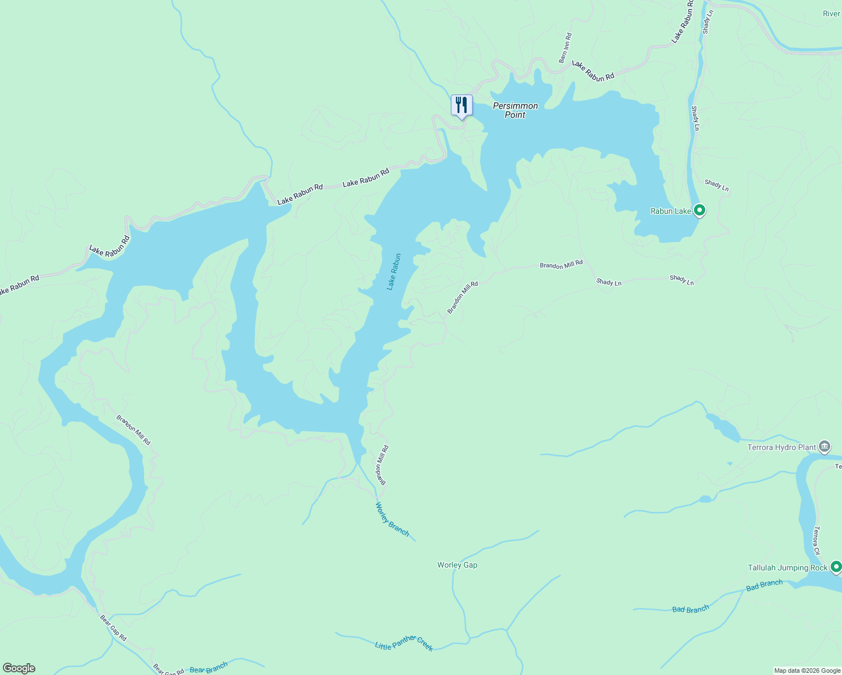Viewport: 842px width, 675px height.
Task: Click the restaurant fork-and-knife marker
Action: [x=462, y=105]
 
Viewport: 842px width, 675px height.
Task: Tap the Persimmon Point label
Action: [x=515, y=110]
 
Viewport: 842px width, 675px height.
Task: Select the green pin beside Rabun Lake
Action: [x=700, y=210]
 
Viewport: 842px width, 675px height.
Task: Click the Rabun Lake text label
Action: [x=670, y=211]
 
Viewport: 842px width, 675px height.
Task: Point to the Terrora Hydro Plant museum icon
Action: [x=825, y=447]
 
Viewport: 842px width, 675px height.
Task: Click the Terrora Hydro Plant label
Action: [x=781, y=448]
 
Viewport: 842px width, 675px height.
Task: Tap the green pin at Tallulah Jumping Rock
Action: [x=836, y=566]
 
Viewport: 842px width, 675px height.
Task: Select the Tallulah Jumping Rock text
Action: [x=787, y=568]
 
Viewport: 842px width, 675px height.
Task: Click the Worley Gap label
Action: [x=457, y=565]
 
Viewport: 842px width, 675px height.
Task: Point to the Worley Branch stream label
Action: [x=392, y=519]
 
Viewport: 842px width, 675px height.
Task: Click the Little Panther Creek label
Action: [x=404, y=643]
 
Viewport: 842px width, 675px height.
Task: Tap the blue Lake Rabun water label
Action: [x=393, y=272]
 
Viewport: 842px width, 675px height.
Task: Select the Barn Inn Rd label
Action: [x=565, y=48]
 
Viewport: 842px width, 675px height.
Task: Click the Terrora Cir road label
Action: [x=817, y=541]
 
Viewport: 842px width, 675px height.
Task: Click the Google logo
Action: [x=19, y=668]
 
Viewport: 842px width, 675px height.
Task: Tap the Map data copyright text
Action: [x=807, y=670]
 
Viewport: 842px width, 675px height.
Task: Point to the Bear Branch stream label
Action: [x=208, y=668]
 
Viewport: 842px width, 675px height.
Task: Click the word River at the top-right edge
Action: [x=831, y=14]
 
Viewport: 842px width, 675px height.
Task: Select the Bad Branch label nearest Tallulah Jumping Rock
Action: [x=764, y=585]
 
